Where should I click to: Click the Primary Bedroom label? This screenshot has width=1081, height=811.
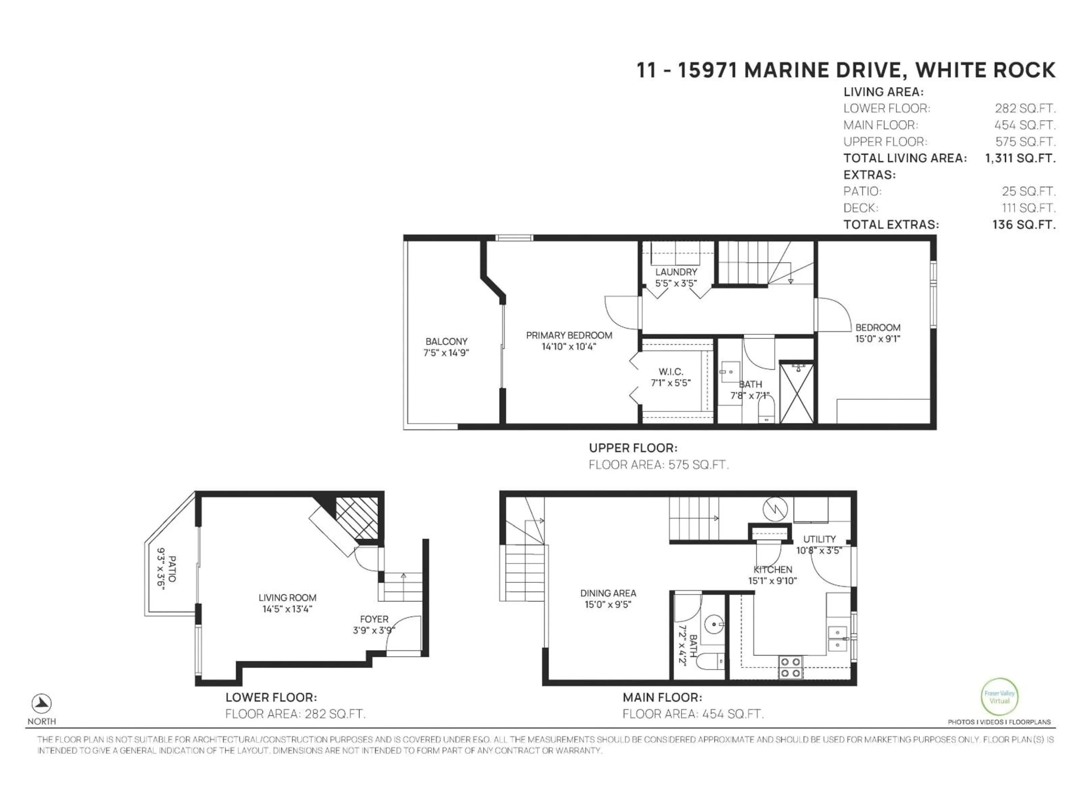click(x=569, y=335)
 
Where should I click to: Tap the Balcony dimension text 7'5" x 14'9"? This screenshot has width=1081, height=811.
click(x=446, y=353)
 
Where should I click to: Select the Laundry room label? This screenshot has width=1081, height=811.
click(x=676, y=272)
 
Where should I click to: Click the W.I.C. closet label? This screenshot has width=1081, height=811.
click(x=671, y=372)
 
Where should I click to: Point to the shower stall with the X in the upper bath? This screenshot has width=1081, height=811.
click(x=797, y=393)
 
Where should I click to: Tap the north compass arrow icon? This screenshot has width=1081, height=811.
click(x=42, y=703)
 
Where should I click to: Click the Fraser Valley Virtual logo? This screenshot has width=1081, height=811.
click(x=999, y=697)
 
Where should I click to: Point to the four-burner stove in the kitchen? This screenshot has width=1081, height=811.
click(x=790, y=667)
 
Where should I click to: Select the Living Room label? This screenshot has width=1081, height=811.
click(x=287, y=597)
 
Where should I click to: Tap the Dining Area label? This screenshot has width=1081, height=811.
click(x=608, y=593)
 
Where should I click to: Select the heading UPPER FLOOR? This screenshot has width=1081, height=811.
click(x=633, y=448)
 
